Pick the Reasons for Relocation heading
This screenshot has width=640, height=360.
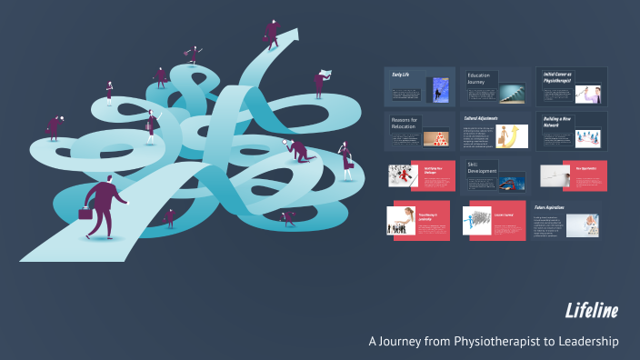[x=404, y=123]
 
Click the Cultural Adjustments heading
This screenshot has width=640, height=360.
[x=483, y=118]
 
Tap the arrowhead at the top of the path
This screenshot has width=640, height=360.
[x=292, y=36]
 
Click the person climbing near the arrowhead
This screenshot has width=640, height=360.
[x=272, y=32]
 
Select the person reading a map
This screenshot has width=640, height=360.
[x=322, y=81]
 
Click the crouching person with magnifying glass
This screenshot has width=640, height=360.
[x=300, y=150]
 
